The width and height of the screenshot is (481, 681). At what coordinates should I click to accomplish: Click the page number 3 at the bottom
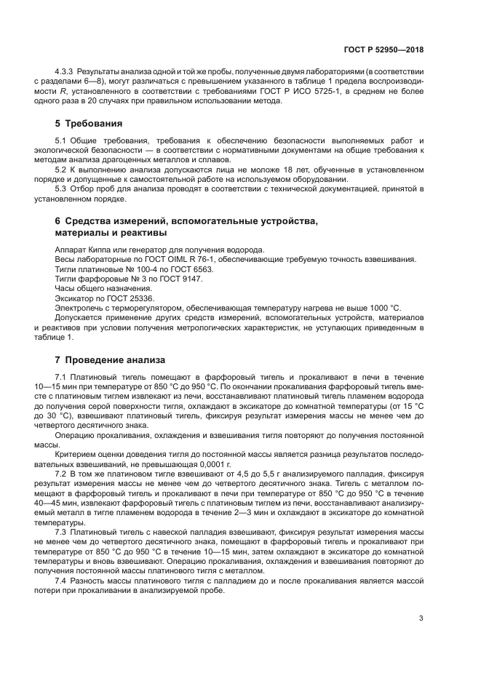tap(421, 618)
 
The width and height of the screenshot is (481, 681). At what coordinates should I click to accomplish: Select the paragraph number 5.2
tap(61, 169)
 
